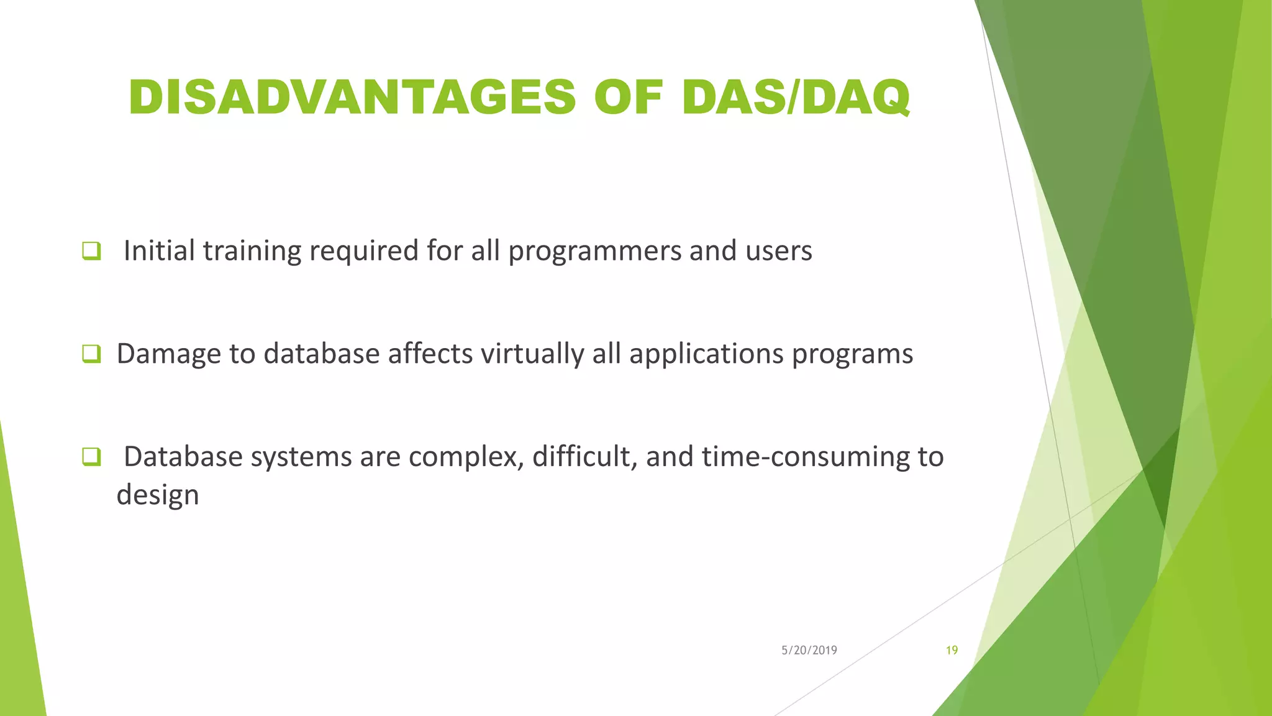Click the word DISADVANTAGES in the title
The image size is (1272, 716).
pos(352,98)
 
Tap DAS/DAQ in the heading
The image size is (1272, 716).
pos(795,98)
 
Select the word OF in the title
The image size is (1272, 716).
pos(629,98)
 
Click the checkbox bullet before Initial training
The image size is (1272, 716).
pos(91,251)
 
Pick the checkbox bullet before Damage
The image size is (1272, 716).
pos(91,354)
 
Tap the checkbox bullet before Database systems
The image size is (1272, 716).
pos(91,457)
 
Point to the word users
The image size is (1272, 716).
pos(778,251)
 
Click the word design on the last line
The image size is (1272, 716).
pos(158,496)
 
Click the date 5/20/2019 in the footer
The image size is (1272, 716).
pos(809,651)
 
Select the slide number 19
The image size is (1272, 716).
pos(952,651)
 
